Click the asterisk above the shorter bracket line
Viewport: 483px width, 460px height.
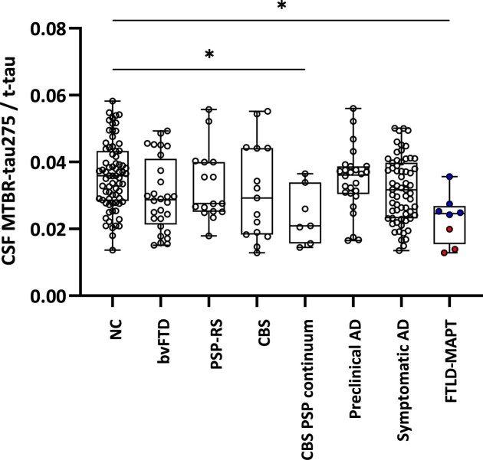[x=209, y=55]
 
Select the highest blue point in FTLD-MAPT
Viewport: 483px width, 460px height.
[x=449, y=177]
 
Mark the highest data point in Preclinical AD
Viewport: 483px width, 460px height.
[x=353, y=109]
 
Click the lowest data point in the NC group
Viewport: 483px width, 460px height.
[x=113, y=250]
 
